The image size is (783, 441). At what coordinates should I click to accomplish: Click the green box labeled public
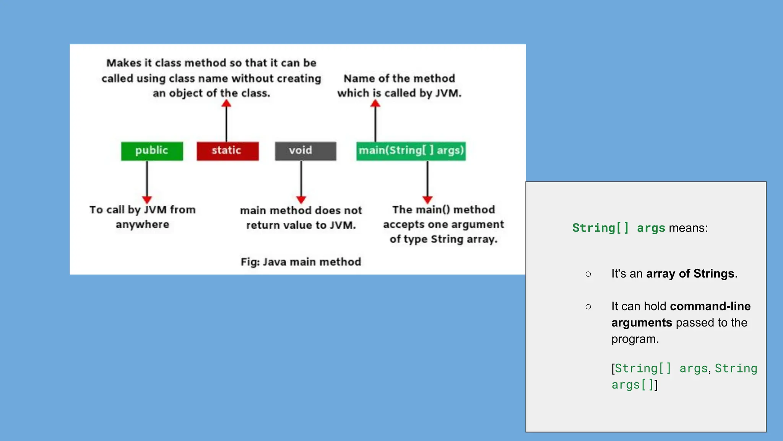coord(152,151)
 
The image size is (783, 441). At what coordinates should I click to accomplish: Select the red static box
coord(227,151)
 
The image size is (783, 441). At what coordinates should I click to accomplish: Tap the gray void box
coord(305,151)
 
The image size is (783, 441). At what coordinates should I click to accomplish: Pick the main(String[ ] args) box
coord(411,151)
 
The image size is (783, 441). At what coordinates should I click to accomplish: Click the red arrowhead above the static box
coord(226,103)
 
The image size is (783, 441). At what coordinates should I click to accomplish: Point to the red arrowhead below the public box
coord(147,199)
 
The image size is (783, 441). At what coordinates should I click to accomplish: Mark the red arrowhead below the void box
coord(301,199)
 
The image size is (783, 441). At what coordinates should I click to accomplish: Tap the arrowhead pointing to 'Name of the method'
coord(375,103)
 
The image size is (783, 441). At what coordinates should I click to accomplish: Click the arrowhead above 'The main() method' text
coord(427,199)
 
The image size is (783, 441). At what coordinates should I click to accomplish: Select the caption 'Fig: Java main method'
coord(301,262)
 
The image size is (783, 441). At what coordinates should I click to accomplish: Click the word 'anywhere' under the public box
coord(143,224)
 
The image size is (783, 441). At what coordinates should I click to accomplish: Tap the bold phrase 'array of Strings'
coord(690,274)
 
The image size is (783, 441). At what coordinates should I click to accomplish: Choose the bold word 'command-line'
coord(710,306)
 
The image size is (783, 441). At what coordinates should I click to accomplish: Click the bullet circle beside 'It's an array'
coord(588,274)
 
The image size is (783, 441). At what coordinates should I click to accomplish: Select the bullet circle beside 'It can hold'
coord(588,307)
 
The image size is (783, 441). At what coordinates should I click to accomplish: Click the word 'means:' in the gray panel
coord(688,228)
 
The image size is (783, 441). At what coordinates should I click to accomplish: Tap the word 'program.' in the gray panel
coord(635,339)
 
